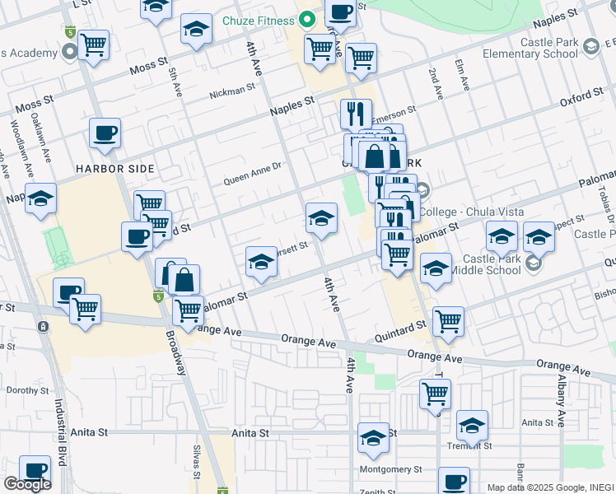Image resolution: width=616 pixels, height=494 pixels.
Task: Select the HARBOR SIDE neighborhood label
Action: click(114, 168)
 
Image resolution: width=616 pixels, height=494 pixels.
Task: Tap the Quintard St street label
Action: click(400, 330)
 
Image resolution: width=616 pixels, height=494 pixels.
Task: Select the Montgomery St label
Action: click(390, 469)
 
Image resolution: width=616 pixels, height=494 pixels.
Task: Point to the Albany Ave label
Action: click(560, 403)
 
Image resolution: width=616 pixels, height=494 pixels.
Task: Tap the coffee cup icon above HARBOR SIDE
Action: click(105, 133)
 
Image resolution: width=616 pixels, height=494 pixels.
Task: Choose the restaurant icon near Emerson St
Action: click(356, 113)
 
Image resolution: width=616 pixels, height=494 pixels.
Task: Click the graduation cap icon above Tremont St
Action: click(472, 425)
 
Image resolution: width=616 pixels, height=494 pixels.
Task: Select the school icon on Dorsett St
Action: click(261, 262)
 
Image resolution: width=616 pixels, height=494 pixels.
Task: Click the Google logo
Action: click(27, 484)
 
